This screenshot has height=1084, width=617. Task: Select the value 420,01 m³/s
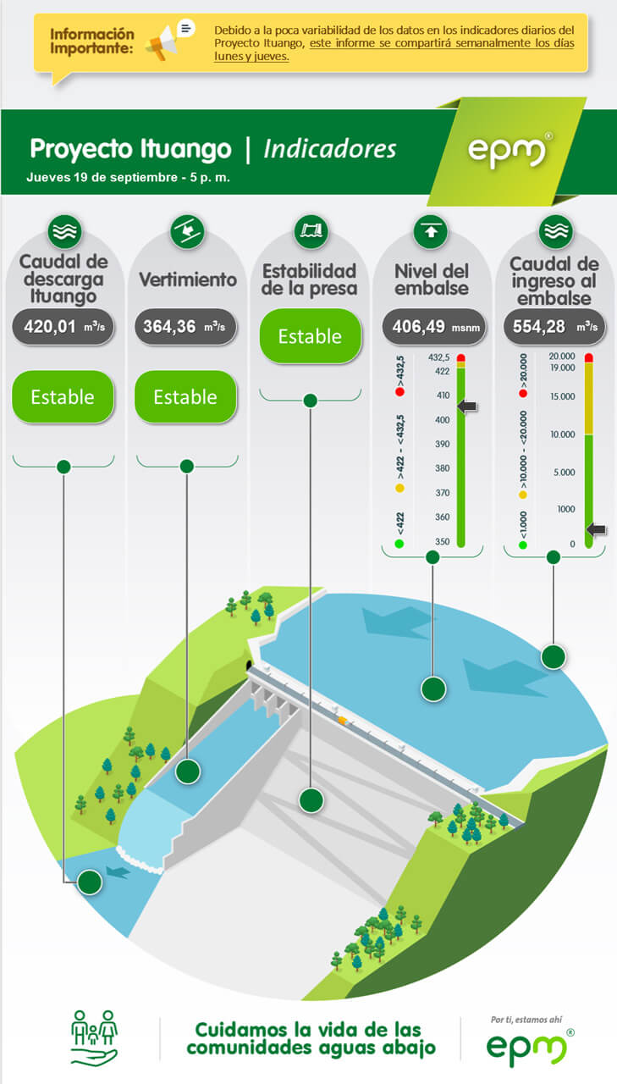(63, 327)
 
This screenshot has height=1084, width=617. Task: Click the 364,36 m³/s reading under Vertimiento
(185, 327)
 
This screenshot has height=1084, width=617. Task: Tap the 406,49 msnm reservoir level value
(433, 327)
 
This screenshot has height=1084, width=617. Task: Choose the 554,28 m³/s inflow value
(554, 327)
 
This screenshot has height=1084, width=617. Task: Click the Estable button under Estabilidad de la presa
(311, 336)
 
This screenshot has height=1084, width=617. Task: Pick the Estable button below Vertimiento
(185, 397)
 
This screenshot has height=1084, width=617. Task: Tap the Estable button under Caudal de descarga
(63, 397)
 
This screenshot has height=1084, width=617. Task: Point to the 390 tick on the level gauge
(442, 445)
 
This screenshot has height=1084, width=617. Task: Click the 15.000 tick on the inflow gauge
(562, 396)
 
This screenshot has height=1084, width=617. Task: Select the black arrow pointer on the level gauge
(467, 406)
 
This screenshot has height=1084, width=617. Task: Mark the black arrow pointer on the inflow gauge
(596, 529)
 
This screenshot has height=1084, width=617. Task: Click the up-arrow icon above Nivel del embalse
(430, 231)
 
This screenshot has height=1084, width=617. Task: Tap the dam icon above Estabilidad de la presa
(311, 231)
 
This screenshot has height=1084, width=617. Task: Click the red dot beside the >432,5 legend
(399, 392)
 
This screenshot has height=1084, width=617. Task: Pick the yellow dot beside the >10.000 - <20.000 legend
(523, 495)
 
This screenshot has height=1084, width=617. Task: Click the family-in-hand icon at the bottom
(94, 1037)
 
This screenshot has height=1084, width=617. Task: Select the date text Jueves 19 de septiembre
(102, 178)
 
